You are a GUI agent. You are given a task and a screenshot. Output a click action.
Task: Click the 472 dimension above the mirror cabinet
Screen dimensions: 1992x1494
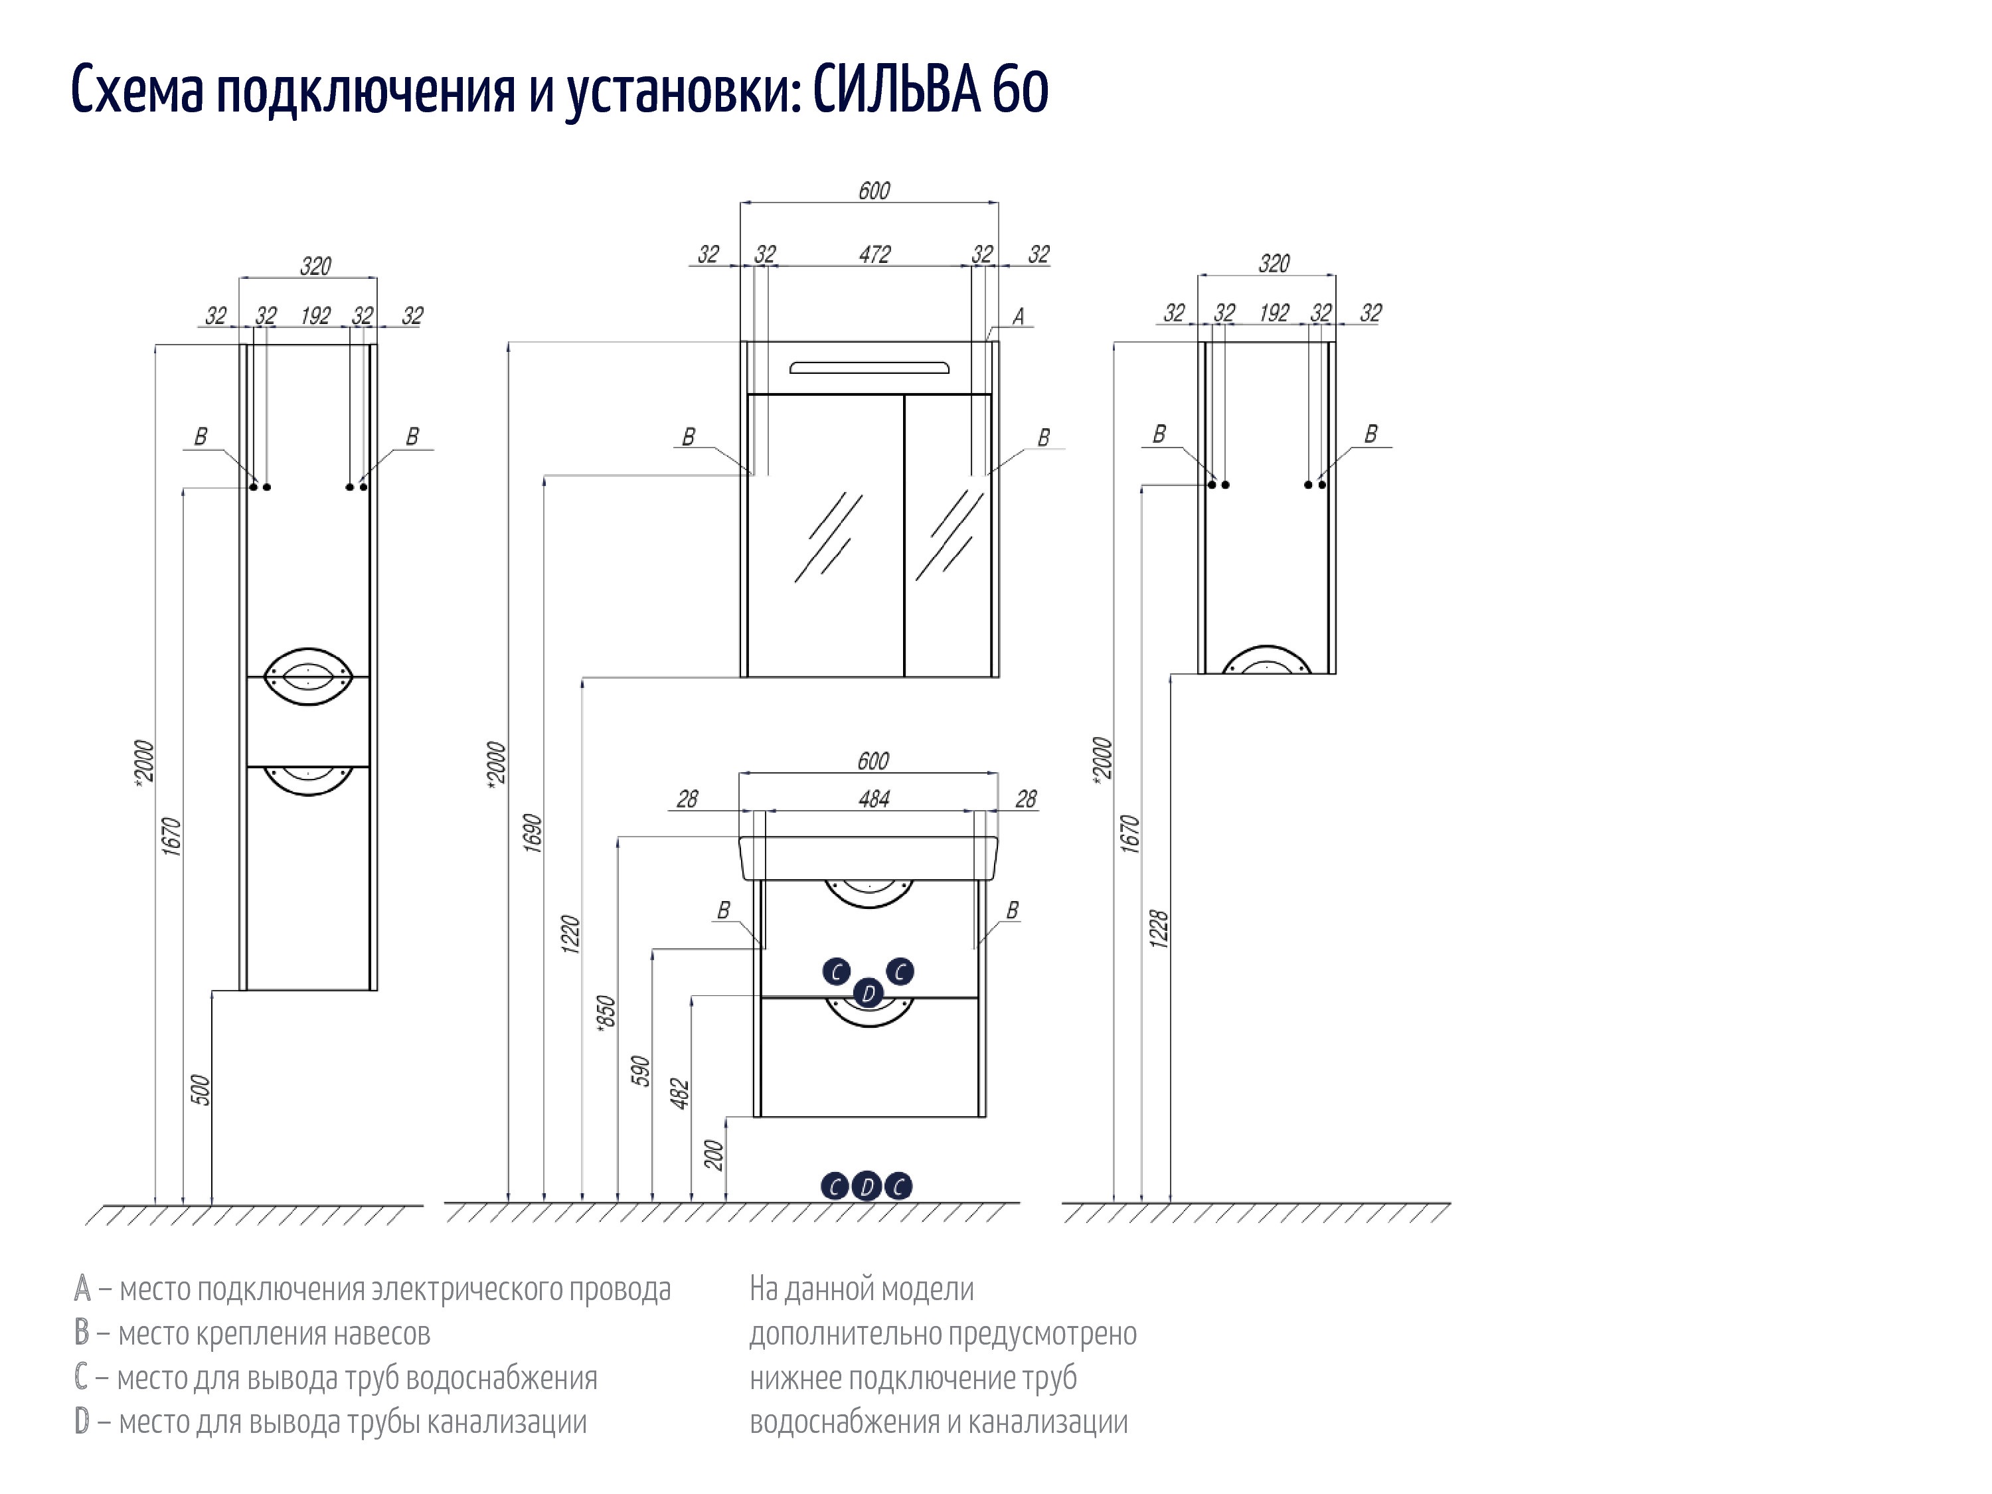[874, 255]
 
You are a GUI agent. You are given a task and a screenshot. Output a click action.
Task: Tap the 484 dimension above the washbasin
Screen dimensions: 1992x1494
[874, 799]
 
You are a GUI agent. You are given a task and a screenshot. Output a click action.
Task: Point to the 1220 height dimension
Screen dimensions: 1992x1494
[570, 934]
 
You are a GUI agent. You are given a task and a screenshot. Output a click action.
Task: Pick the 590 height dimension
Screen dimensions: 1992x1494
[640, 1072]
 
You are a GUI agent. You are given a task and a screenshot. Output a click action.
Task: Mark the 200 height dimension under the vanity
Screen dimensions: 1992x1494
[714, 1155]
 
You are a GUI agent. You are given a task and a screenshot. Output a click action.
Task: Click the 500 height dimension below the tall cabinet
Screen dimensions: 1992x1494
[200, 1090]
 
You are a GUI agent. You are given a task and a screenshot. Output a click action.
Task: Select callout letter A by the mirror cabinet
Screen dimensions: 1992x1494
[1019, 317]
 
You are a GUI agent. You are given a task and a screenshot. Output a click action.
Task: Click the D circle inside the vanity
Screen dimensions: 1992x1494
[868, 993]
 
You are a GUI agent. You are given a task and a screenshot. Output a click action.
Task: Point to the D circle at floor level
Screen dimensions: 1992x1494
[867, 1186]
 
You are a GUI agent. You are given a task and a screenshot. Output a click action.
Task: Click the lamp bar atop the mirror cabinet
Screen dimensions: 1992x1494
[869, 367]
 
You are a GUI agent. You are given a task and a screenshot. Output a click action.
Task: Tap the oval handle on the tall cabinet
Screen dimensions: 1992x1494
[308, 675]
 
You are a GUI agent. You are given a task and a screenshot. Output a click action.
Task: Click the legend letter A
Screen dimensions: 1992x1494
[82, 1289]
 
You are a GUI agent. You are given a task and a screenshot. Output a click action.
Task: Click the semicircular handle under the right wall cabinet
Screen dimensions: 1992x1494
[1267, 659]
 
